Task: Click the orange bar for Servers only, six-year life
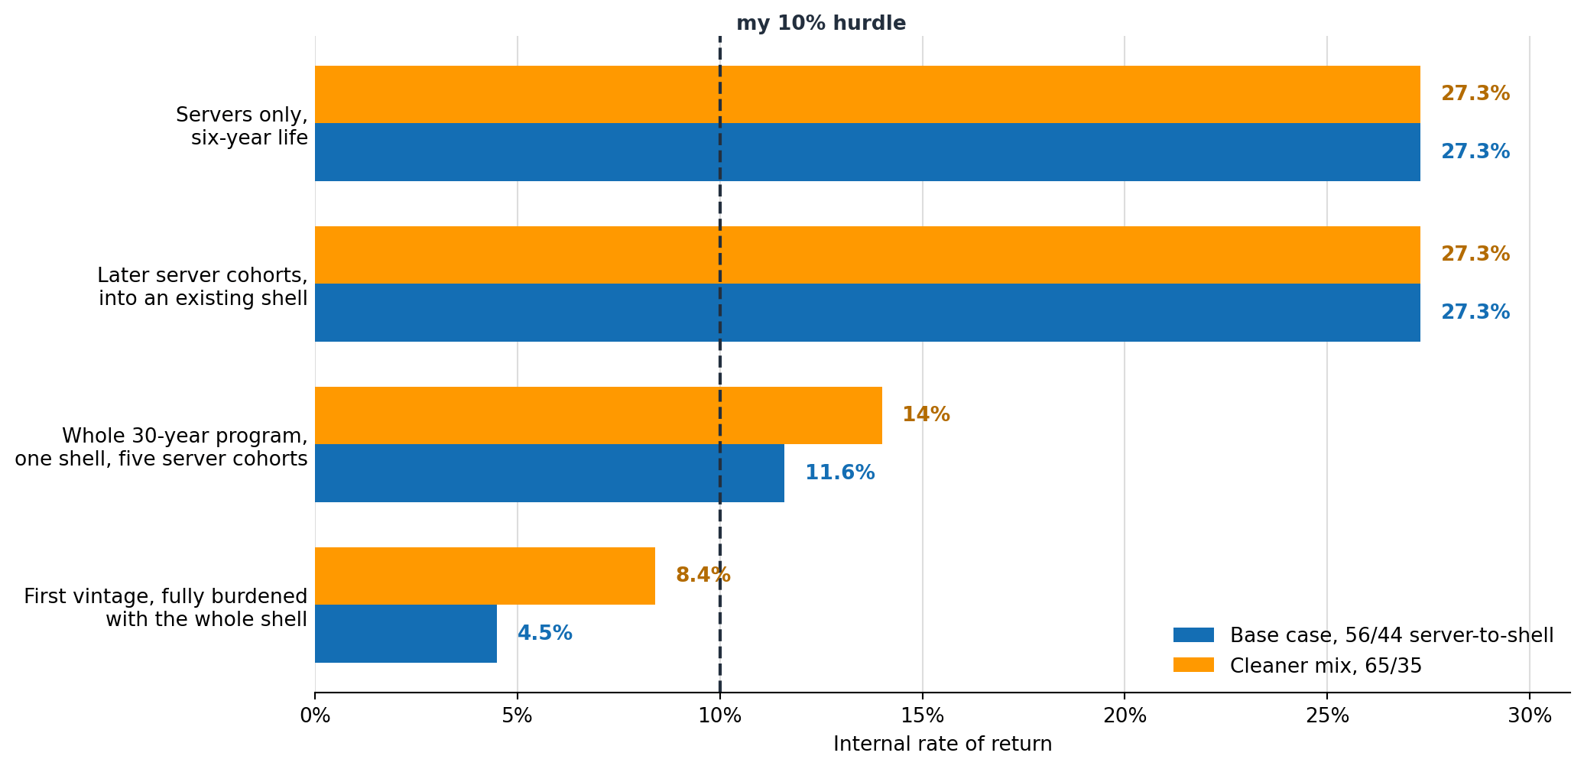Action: pos(868,95)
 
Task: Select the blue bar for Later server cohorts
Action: pos(868,313)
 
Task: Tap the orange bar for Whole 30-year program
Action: pos(599,416)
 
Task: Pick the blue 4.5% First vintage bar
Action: pos(406,634)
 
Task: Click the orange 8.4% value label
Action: pos(703,576)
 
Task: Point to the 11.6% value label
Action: pos(840,473)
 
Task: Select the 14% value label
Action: pos(927,415)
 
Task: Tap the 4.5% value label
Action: pos(545,634)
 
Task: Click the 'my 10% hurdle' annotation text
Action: pos(821,24)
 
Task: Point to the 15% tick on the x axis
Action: pos(923,716)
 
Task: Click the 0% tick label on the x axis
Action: pos(315,716)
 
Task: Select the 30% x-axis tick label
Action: pos(1530,716)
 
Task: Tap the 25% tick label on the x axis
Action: pos(1327,716)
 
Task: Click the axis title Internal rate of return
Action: pos(943,745)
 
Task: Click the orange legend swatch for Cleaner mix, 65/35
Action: pos(1193,665)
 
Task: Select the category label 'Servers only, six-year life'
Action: pos(242,126)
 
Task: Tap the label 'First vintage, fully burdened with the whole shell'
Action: pos(166,608)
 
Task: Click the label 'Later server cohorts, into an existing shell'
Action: pos(203,287)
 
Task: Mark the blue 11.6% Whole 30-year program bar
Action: pos(550,473)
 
